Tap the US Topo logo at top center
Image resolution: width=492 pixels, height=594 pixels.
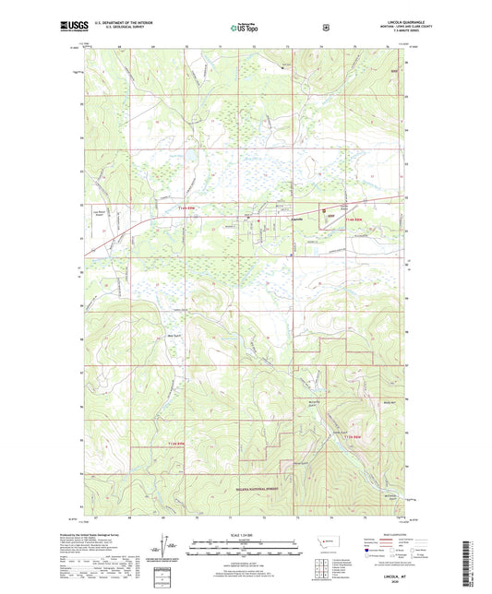click(x=246, y=28)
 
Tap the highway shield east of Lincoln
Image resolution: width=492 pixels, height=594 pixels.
click(x=324, y=210)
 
